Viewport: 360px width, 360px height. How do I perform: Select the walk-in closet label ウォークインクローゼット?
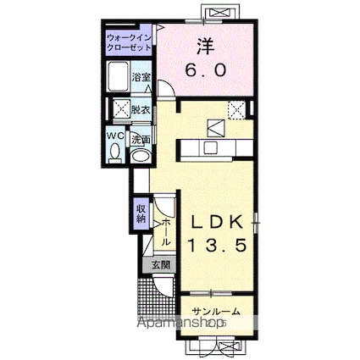click(130, 42)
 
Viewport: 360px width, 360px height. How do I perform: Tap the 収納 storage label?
click(141, 213)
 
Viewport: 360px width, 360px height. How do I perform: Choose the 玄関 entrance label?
click(160, 265)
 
